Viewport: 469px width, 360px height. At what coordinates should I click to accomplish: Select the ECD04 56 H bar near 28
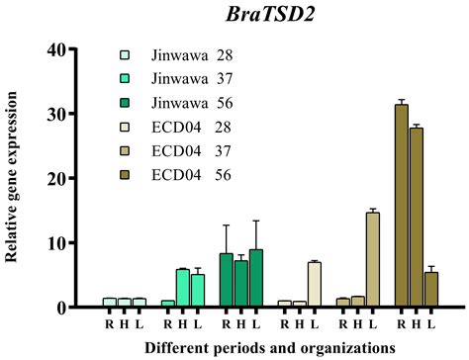415,218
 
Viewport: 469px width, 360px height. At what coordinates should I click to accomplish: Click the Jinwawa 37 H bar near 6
183,289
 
